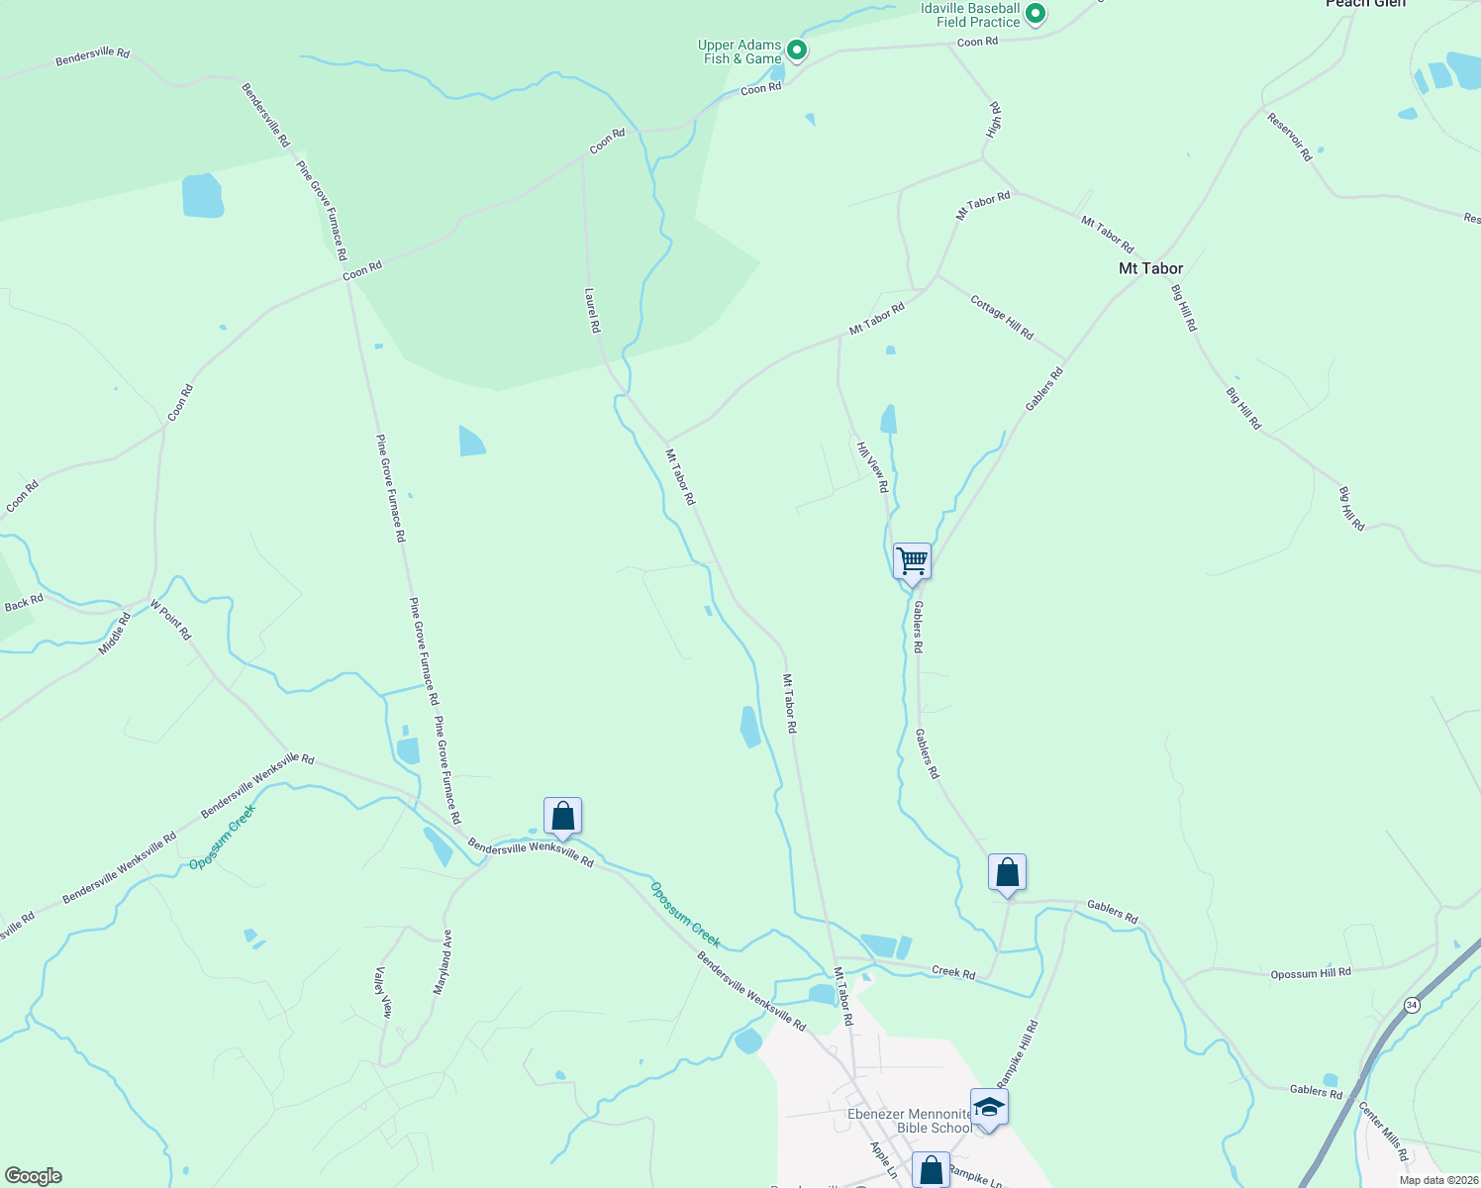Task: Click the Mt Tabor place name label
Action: tap(1150, 268)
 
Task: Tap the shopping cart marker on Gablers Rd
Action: tap(912, 561)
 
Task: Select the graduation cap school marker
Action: tap(989, 1107)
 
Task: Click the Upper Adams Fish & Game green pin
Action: tap(797, 50)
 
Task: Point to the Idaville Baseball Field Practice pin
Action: tap(1036, 14)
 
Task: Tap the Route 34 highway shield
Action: tap(1411, 1005)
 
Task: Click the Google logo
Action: tap(33, 1176)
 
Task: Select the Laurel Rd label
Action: tap(592, 311)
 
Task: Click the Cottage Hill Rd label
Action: tap(1002, 318)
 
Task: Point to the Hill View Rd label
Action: tap(870, 467)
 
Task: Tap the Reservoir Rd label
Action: tap(1289, 137)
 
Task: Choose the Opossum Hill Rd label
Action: tap(1311, 973)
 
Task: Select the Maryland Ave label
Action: tap(442, 961)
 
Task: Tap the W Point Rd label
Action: tap(170, 619)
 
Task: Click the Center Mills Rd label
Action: tap(1383, 1132)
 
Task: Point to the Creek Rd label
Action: tap(953, 972)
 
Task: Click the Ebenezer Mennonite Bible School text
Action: tap(910, 1121)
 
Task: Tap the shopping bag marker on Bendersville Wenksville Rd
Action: tap(562, 817)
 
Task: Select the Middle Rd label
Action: tap(115, 635)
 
